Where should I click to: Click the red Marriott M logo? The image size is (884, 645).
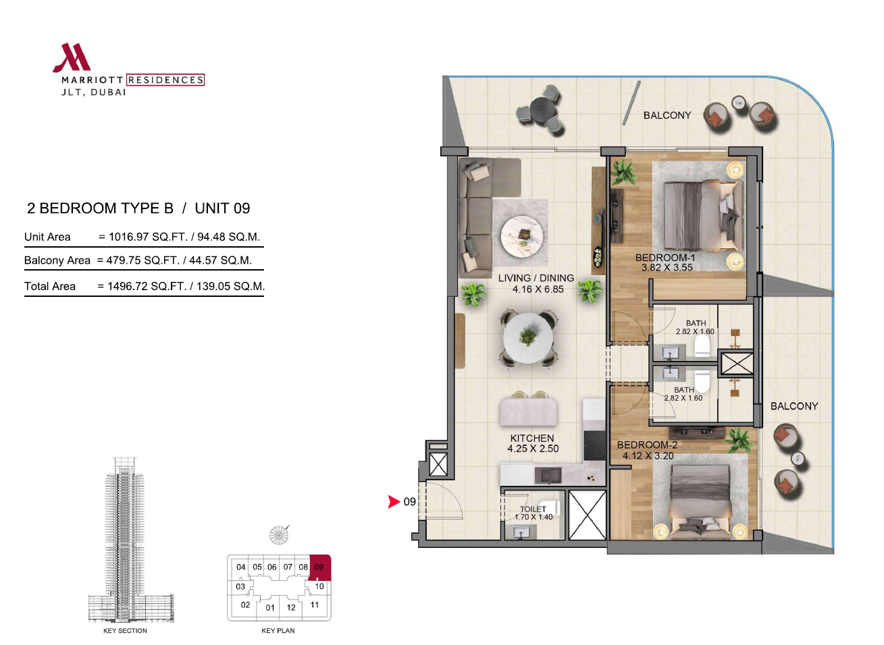click(x=72, y=57)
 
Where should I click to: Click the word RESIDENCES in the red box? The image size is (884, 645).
click(x=165, y=80)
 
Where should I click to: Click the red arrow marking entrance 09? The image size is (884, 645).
click(x=394, y=502)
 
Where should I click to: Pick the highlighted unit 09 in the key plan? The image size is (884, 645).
click(x=319, y=567)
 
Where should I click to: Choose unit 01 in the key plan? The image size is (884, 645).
click(x=270, y=607)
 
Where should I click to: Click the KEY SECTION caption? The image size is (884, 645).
click(x=125, y=631)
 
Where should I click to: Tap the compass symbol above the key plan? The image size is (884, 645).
click(x=279, y=536)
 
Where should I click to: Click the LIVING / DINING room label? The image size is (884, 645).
click(x=536, y=278)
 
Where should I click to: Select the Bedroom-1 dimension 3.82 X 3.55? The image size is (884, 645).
click(x=667, y=268)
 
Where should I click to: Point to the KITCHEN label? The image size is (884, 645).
click(x=532, y=438)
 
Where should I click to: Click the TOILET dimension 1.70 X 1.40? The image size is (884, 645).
click(x=534, y=517)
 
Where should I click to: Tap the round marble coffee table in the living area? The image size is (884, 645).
click(x=522, y=236)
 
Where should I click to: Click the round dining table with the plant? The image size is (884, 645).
click(x=528, y=338)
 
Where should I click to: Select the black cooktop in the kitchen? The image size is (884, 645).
click(x=594, y=445)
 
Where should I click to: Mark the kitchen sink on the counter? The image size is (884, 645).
click(x=548, y=476)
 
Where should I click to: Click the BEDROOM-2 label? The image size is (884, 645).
click(x=647, y=445)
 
